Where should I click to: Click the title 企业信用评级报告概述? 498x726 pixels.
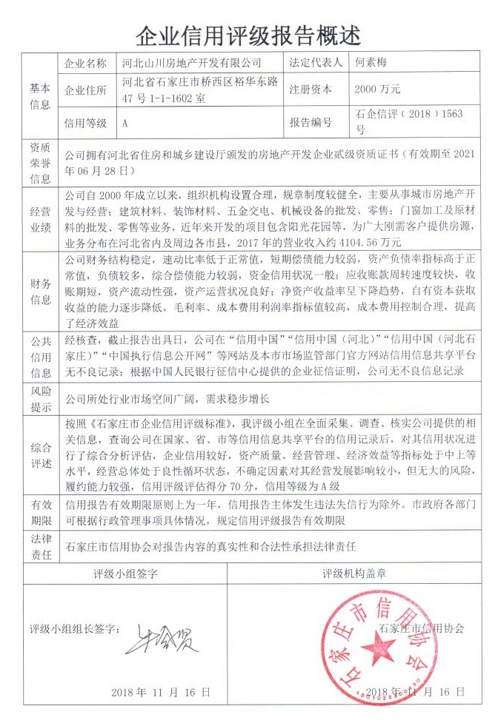[249, 33]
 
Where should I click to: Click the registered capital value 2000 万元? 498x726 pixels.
[377, 90]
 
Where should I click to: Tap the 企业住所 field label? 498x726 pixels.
[86, 90]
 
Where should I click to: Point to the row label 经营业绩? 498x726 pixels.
[39, 219]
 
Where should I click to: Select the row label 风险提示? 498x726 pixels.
[39, 399]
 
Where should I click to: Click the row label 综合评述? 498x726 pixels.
[39, 457]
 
